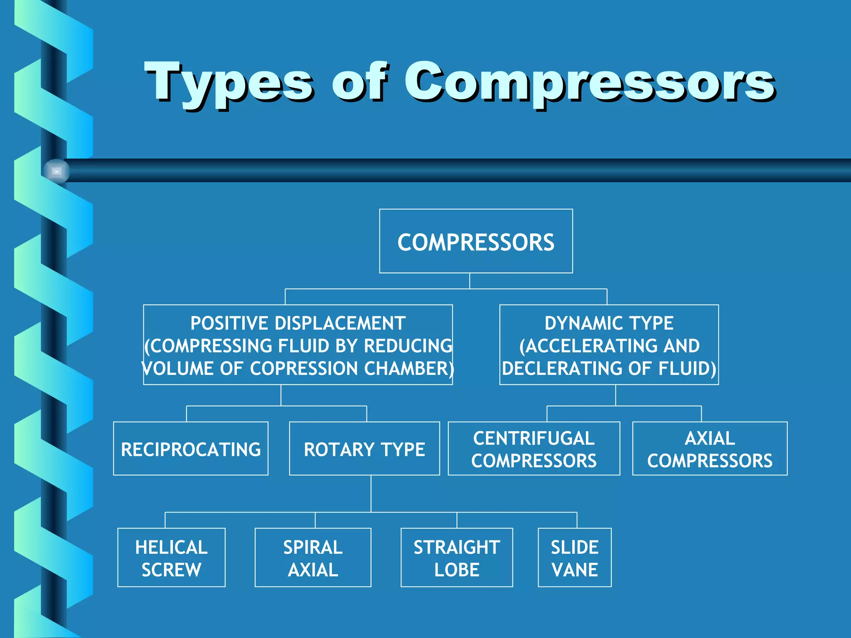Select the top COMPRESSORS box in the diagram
point(476,241)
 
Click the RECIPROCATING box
point(191,449)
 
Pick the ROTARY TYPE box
point(364,449)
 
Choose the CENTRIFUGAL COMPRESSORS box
point(534,449)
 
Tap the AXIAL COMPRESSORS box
point(710,449)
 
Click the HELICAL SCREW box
point(171,557)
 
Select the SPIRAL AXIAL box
point(313,557)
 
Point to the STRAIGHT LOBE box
point(457,557)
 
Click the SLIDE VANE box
point(575,557)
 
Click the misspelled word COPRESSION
point(304,368)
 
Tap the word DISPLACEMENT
point(340,323)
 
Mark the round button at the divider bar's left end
point(57,171)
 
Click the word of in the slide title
point(360,83)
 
